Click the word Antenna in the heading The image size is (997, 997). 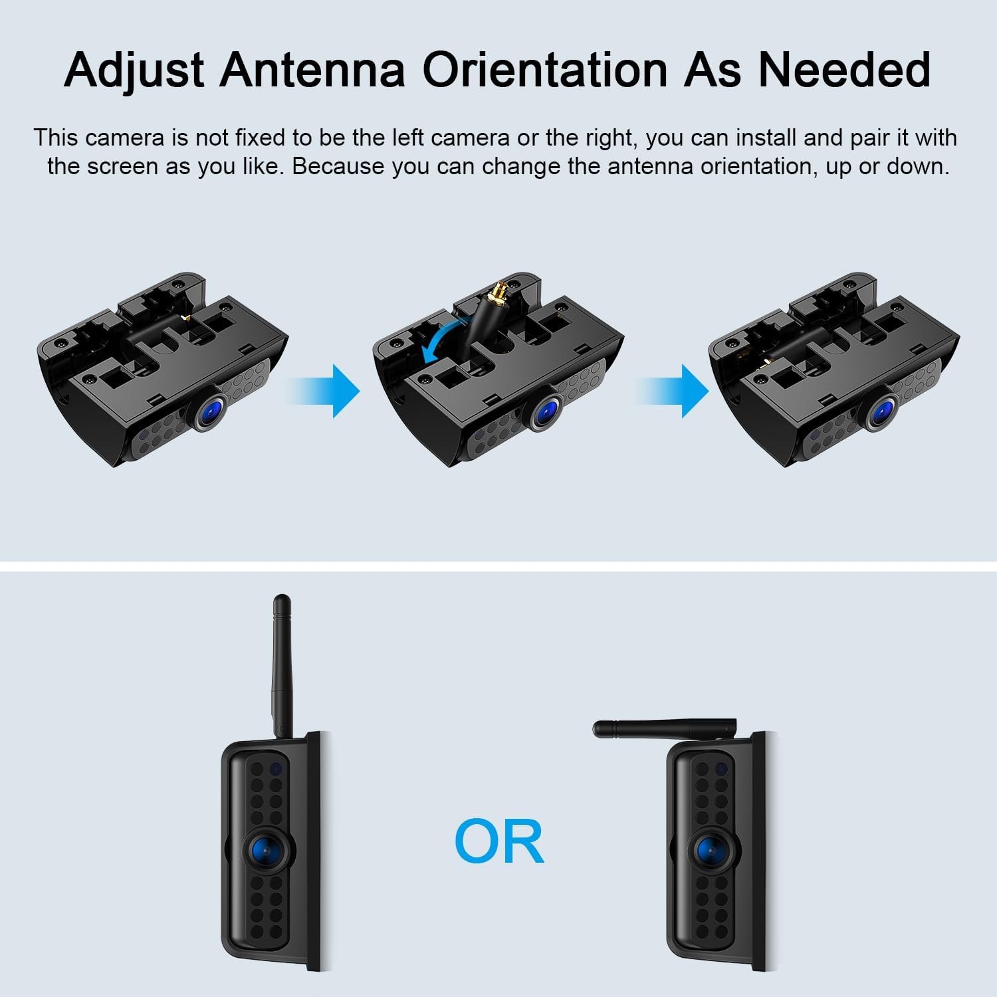pos(312,69)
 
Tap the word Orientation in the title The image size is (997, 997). pos(544,69)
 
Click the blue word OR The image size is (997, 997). pos(499,841)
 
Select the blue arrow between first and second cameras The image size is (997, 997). pos(324,391)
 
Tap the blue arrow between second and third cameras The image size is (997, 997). pos(673,391)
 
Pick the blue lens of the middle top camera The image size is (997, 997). pos(548,411)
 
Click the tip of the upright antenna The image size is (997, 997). pos(282,598)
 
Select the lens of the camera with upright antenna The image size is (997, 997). pos(269,849)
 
